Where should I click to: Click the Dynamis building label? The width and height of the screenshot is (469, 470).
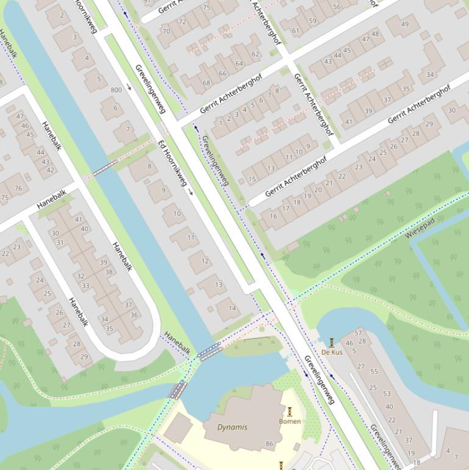pos(232,427)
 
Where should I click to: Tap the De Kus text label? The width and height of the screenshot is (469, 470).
pos(332,352)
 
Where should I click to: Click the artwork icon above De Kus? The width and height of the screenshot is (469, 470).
pos(332,342)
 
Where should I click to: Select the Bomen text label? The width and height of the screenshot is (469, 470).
pos(290,421)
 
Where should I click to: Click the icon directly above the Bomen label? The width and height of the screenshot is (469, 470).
pos(290,412)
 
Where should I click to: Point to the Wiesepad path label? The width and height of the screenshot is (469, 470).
pos(420,227)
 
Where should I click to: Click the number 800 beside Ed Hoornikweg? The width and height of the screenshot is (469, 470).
pos(116,90)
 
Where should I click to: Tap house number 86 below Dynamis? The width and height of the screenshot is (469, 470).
pos(269,444)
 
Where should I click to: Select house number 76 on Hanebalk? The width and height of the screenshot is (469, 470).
pos(18,188)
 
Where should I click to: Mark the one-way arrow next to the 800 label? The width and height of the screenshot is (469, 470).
pos(129,87)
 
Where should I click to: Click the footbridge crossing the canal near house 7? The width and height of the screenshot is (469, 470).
pos(105,168)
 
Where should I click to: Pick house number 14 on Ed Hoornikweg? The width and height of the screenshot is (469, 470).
pos(232,308)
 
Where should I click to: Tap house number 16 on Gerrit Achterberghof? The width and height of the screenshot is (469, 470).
pos(273,216)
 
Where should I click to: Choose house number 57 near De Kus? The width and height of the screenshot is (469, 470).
pos(358,333)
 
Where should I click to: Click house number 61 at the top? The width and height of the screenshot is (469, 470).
pos(296,31)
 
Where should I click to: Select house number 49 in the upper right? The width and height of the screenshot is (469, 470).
pos(406,24)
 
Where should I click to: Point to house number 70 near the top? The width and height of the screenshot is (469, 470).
pos(166,31)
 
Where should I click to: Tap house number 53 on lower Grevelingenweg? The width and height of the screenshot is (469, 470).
pos(387,394)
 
